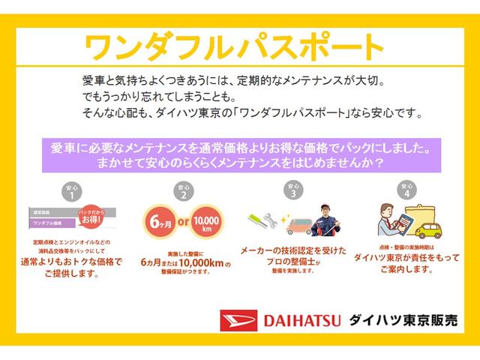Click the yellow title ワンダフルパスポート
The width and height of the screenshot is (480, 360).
click(x=240, y=47)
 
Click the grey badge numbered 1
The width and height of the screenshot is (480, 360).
click(x=73, y=191)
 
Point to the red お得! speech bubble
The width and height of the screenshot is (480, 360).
click(x=91, y=218)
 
